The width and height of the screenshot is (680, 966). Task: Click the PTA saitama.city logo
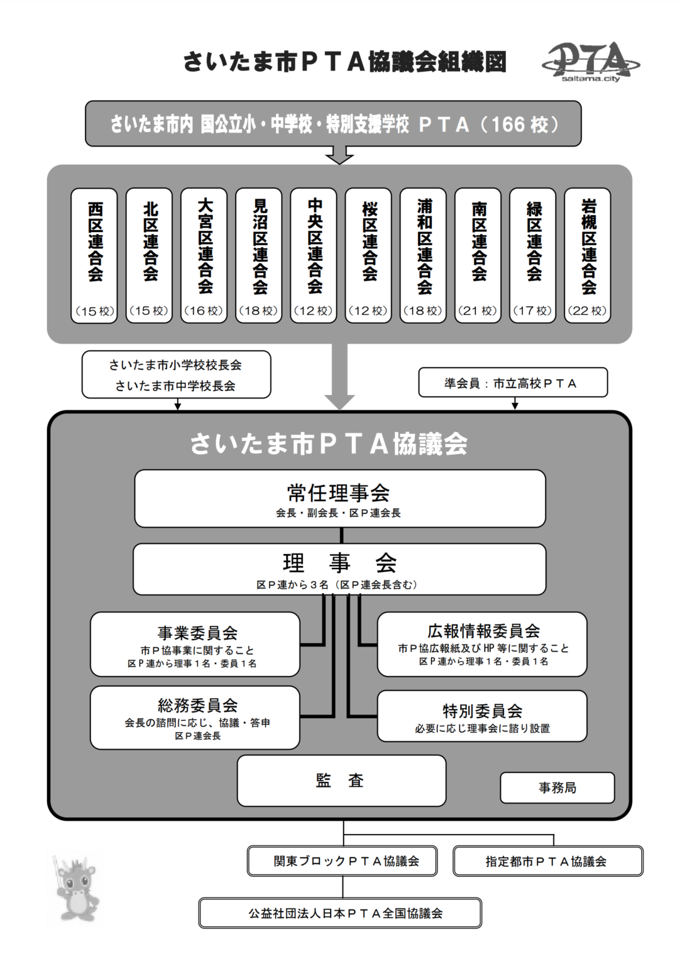coord(591,62)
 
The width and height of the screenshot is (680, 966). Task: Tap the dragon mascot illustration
coord(75,887)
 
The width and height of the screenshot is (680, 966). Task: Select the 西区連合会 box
coord(94,255)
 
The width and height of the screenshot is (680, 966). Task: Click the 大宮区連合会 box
coord(204,255)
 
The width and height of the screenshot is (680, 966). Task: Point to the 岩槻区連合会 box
coord(588,255)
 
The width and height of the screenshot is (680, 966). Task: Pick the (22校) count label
coord(587,311)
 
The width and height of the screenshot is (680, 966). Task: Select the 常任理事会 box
coord(339,498)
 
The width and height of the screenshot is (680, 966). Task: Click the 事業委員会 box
coord(195,644)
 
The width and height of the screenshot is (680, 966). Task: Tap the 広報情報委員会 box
coord(482,644)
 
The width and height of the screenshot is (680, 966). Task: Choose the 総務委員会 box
coord(195,717)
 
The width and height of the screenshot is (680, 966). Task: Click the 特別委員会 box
coord(482,716)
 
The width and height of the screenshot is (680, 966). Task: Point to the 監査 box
coord(341,780)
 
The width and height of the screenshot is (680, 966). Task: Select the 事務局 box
coord(557,787)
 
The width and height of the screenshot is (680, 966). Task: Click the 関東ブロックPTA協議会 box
coord(343,861)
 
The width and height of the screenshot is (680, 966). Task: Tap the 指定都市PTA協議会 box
coord(547,861)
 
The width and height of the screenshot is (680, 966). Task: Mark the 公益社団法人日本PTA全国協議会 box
coord(340,913)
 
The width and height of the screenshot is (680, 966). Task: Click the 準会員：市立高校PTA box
coord(513,383)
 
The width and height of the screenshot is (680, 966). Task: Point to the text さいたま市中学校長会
coord(175,386)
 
